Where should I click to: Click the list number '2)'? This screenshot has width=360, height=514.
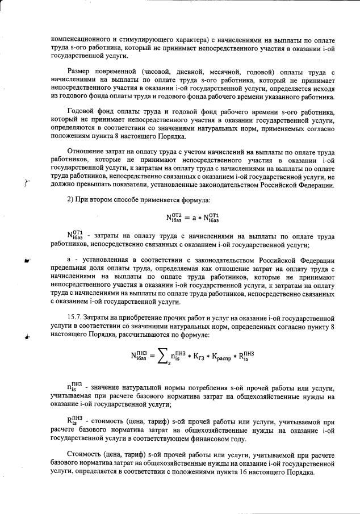tap(71, 202)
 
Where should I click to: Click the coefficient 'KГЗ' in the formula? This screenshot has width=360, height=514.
tap(196, 358)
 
